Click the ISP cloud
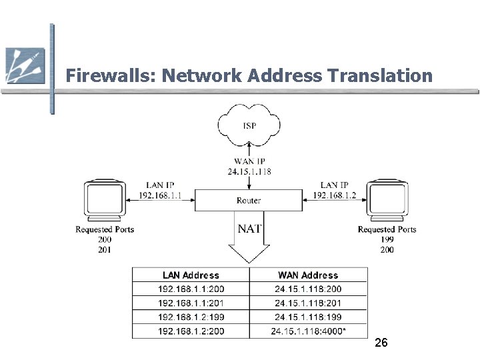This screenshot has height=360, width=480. pyautogui.click(x=249, y=125)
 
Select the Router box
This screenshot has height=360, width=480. pyautogui.click(x=249, y=200)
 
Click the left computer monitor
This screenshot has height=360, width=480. pyautogui.click(x=105, y=199)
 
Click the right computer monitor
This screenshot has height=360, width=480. pyautogui.click(x=387, y=199)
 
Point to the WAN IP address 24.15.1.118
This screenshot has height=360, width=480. pyautogui.click(x=249, y=171)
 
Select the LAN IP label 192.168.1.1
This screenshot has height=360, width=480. pyautogui.click(x=161, y=195)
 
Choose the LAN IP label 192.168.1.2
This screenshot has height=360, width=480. pyautogui.click(x=338, y=195)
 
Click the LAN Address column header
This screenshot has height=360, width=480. pyautogui.click(x=191, y=275)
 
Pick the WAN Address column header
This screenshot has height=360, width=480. pyautogui.click(x=308, y=275)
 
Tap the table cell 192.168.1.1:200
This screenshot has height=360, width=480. pyautogui.click(x=191, y=289)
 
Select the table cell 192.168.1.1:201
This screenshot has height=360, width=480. pyautogui.click(x=191, y=303)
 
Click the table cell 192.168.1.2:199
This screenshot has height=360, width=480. pyautogui.click(x=191, y=317)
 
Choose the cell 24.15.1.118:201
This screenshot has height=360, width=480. pyautogui.click(x=308, y=303)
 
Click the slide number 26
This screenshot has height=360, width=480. pyautogui.click(x=381, y=343)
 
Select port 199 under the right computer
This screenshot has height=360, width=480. pyautogui.click(x=387, y=239)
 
